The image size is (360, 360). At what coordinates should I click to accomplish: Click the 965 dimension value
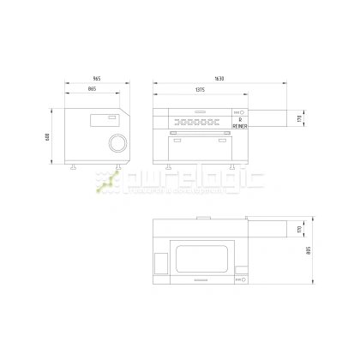point(96,79)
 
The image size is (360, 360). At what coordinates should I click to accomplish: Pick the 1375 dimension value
point(200,89)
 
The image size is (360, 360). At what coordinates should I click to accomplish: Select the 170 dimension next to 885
point(299,230)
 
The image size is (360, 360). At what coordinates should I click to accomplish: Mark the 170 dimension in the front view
point(299,118)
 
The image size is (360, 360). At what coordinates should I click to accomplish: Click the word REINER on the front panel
point(240,126)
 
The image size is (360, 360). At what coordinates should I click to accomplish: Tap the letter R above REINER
point(240,120)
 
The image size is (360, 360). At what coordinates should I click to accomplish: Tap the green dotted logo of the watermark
point(109,181)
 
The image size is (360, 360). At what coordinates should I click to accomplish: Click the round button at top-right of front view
point(241,112)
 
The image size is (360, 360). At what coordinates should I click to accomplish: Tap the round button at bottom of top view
point(241,279)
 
